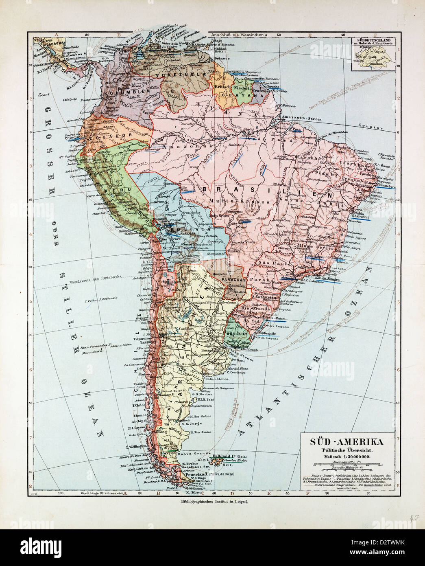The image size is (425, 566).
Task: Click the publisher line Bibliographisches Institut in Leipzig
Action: coord(212,502)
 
